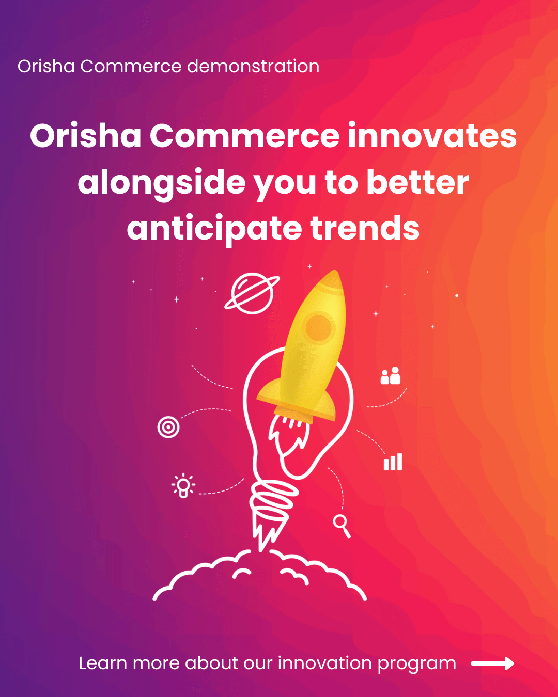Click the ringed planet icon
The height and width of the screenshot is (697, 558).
tap(252, 293)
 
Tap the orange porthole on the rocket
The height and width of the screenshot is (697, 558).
tap(319, 327)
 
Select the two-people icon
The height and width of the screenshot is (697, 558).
tap(391, 376)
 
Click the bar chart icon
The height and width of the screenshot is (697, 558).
tap(393, 462)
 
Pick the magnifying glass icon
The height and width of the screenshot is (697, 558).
tap(342, 525)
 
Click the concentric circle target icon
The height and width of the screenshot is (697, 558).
tap(168, 427)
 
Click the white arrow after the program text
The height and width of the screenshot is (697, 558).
tap(492, 663)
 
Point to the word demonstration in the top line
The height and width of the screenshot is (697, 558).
tap(253, 67)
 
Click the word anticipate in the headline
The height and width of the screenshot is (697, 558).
tap(214, 228)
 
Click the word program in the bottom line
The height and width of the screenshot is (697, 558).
tap(416, 664)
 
